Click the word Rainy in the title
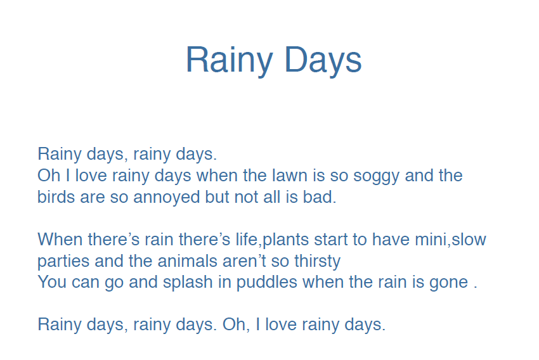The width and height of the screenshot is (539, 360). tap(230, 60)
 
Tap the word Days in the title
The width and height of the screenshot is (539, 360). tap(323, 60)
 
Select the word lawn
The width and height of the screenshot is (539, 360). tap(290, 175)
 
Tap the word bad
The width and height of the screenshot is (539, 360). tap(320, 197)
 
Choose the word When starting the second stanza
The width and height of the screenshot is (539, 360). tap(60, 239)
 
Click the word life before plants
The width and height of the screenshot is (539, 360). tap(247, 239)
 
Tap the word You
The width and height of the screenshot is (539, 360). tap(52, 282)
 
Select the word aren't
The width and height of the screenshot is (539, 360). tap(244, 260)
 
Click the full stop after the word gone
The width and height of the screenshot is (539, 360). tap(476, 288)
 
